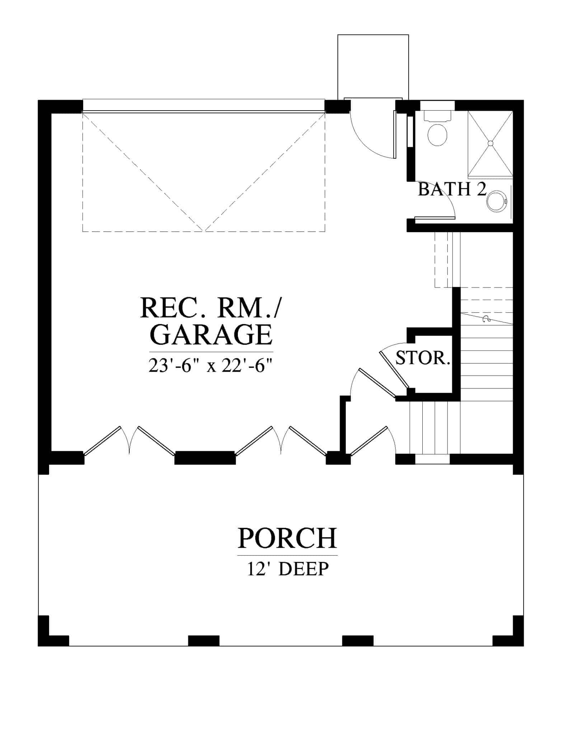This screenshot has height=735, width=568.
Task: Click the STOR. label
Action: click(x=423, y=358)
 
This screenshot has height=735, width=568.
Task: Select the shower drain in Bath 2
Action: click(x=490, y=143)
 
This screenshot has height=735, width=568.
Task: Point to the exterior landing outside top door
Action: click(x=373, y=66)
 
